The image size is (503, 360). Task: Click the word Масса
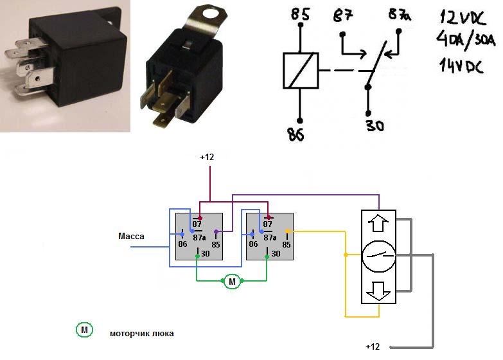131,236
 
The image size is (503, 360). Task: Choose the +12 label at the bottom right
373,346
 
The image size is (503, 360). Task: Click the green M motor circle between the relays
232,282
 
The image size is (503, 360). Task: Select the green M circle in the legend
84,330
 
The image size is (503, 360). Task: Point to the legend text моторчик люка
141,334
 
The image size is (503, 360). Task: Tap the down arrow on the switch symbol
378,292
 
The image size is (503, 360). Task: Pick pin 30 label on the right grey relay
275,254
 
